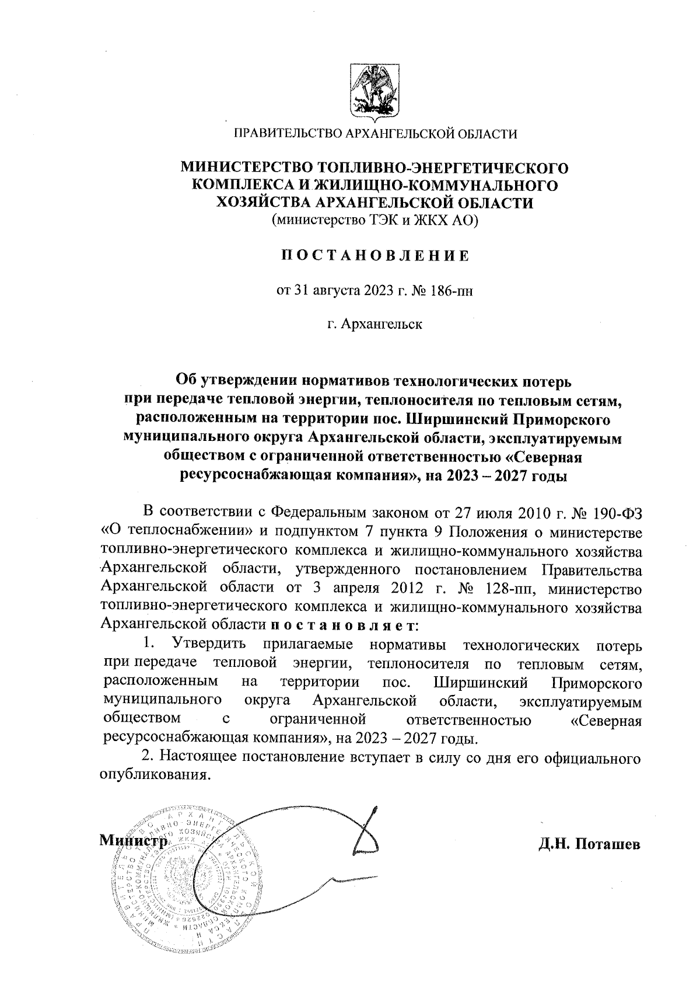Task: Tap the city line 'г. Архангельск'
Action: click(x=374, y=323)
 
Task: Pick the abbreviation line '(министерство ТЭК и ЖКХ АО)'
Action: click(x=374, y=220)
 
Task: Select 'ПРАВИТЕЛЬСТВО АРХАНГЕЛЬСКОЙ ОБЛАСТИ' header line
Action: click(x=375, y=134)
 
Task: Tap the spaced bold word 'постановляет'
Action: click(x=342, y=624)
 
